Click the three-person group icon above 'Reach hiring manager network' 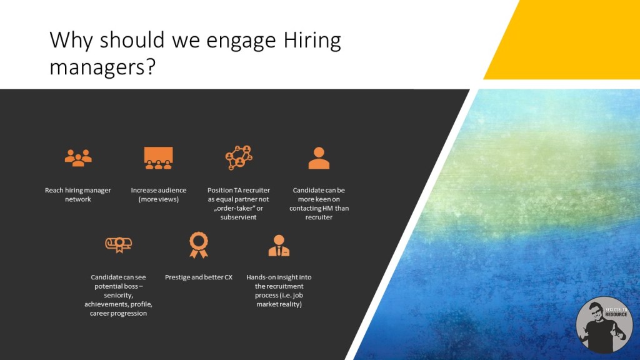(78, 158)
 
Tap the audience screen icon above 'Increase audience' (158, 158)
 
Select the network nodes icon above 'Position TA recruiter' (239, 157)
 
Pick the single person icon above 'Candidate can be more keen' (319, 158)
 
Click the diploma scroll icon (118, 245)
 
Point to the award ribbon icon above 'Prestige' (199, 245)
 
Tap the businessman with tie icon (279, 246)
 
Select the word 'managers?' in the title (102, 66)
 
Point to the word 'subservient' (238, 217)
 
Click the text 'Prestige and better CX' (199, 277)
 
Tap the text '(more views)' (158, 199)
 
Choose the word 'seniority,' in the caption (118, 295)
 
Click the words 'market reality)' (279, 304)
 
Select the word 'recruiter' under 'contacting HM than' (319, 217)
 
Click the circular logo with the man (604, 325)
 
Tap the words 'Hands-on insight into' (279, 277)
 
